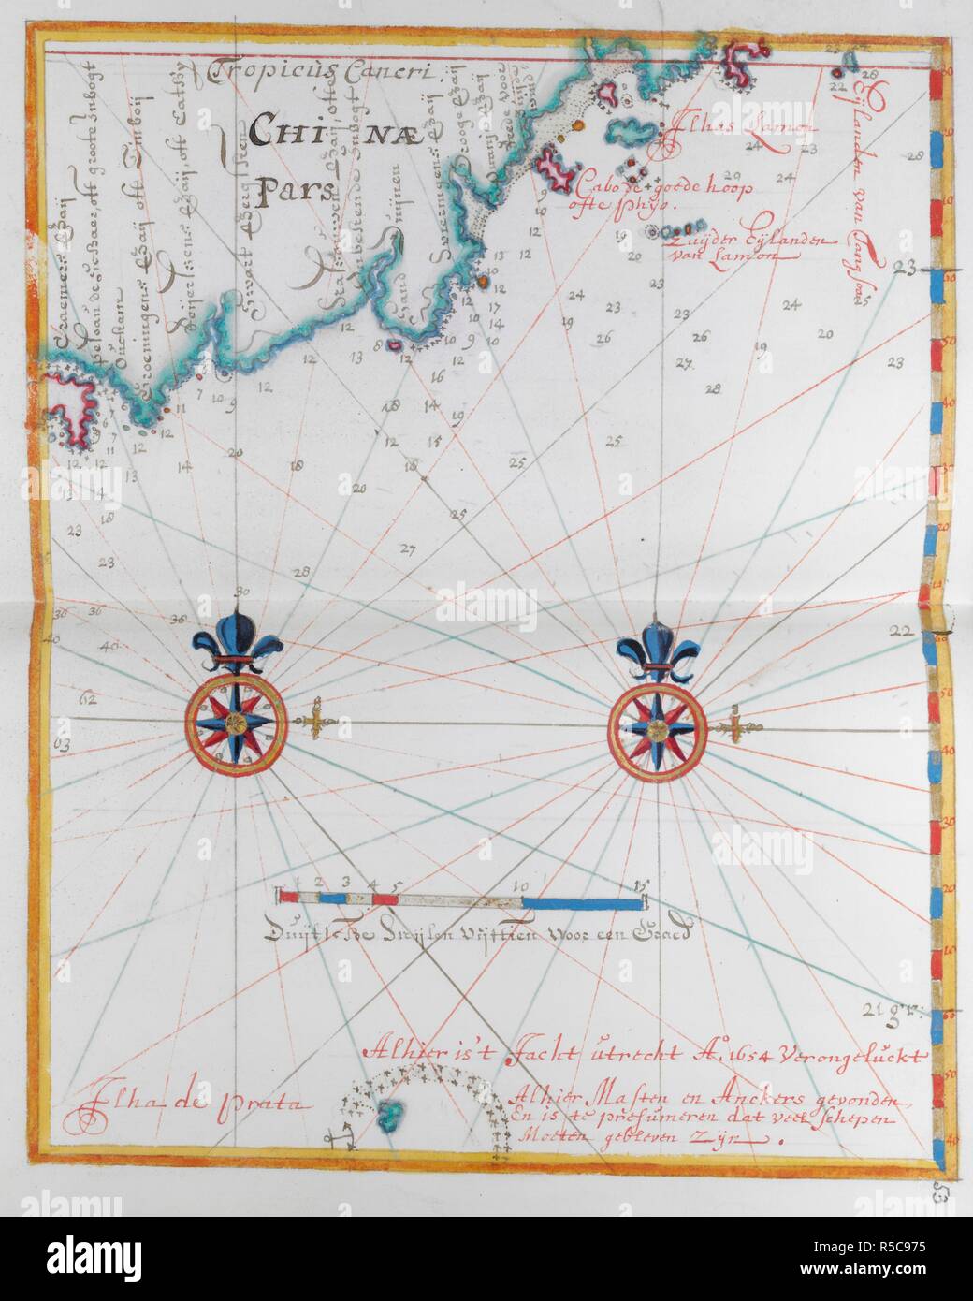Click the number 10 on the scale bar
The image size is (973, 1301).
[522, 885]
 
